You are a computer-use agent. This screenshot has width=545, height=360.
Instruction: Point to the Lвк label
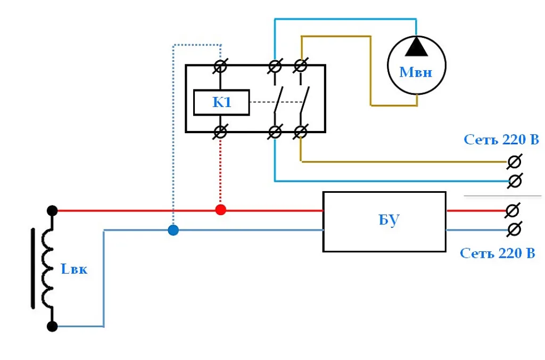pyautogui.click(x=73, y=269)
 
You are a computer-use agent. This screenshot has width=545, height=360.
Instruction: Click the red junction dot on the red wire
pyautogui.click(x=221, y=210)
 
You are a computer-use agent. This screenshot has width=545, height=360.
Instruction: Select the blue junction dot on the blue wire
pyautogui.click(x=174, y=230)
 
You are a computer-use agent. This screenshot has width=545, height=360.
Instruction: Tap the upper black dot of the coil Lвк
pyautogui.click(x=52, y=210)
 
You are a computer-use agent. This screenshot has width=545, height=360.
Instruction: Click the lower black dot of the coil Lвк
pyautogui.click(x=52, y=326)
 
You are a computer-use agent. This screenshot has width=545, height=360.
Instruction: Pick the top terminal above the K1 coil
pyautogui.click(x=220, y=66)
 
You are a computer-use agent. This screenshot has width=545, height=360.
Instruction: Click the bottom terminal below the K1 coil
pyautogui.click(x=220, y=132)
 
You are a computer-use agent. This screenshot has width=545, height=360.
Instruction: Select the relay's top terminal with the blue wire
pyautogui.click(x=275, y=66)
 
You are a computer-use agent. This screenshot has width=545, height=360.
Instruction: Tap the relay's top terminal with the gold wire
pyautogui.click(x=301, y=66)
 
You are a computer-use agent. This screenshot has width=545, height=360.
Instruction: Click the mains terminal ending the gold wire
pyautogui.click(x=515, y=162)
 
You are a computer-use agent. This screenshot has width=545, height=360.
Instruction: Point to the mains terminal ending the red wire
pyautogui.click(x=513, y=210)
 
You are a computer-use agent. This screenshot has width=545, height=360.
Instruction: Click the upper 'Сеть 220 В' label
pyautogui.click(x=501, y=140)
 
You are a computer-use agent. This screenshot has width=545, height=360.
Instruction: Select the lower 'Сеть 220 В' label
pyautogui.click(x=498, y=253)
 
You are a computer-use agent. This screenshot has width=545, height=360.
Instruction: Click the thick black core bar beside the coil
pyautogui.click(x=33, y=268)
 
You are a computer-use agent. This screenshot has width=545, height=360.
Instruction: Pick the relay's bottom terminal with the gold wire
pyautogui.click(x=301, y=132)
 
